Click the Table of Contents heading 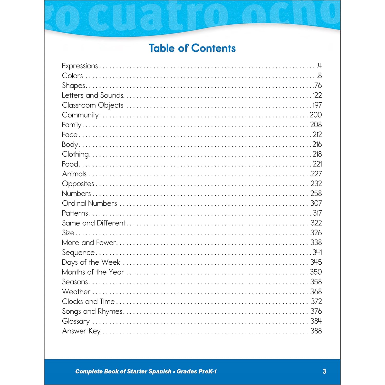tap(192, 48)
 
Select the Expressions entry tap(80, 66)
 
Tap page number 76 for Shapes tap(318, 85)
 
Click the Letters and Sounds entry tap(93, 95)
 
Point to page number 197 tap(317, 105)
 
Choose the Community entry tap(80, 115)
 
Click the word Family tap(72, 125)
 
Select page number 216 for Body tap(317, 144)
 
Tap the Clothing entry tap(75, 154)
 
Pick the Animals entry tap(74, 174)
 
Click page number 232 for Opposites tap(316, 184)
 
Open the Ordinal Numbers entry tap(89, 203)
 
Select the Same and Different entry tap(93, 223)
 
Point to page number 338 tap(316, 242)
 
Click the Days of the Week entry tap(91, 262)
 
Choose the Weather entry tap(76, 292)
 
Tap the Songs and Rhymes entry tap(92, 311)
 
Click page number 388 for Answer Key tap(316, 331)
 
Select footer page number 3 tap(324, 371)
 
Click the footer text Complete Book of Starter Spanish tap(123, 371)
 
